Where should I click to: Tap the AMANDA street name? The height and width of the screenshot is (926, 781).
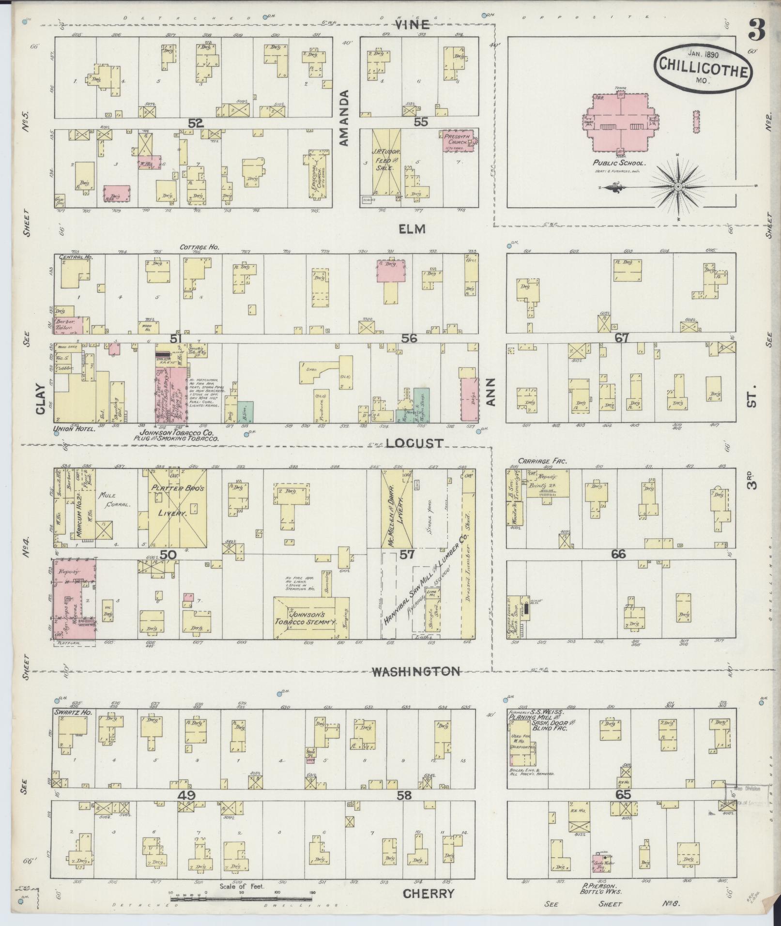click(344, 118)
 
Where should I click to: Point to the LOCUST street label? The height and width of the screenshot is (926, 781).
click(415, 442)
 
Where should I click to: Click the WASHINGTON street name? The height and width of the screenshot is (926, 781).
click(416, 671)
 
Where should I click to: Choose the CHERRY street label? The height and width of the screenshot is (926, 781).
click(429, 894)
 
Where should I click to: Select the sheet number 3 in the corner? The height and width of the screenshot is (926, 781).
click(755, 30)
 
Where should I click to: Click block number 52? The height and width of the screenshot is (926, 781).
click(196, 123)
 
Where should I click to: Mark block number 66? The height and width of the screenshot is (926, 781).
click(618, 554)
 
